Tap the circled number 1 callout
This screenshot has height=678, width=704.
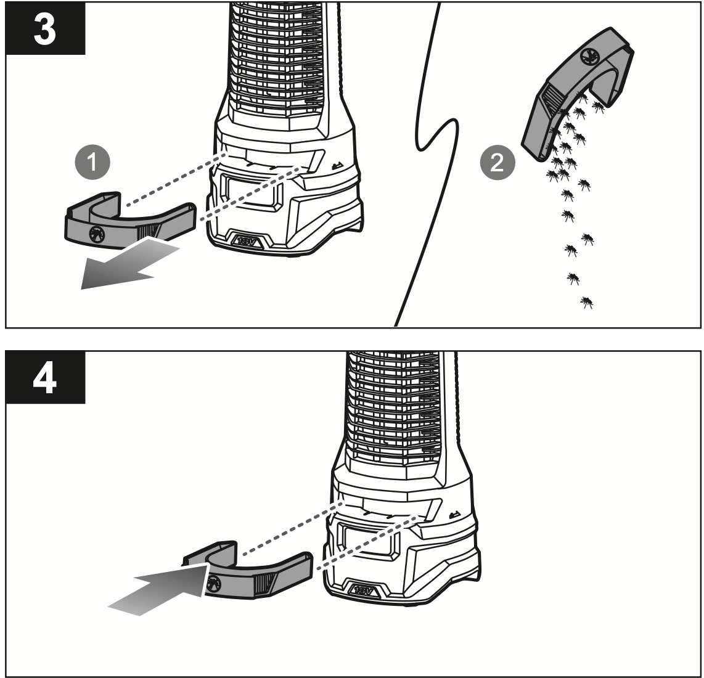tap(92, 163)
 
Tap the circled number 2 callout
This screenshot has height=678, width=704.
tap(496, 163)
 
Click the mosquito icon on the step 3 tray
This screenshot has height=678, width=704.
tap(96, 233)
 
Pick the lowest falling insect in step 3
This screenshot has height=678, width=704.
tap(586, 302)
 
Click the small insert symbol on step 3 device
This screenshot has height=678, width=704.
tap(337, 165)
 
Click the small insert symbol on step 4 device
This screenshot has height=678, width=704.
tap(454, 515)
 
